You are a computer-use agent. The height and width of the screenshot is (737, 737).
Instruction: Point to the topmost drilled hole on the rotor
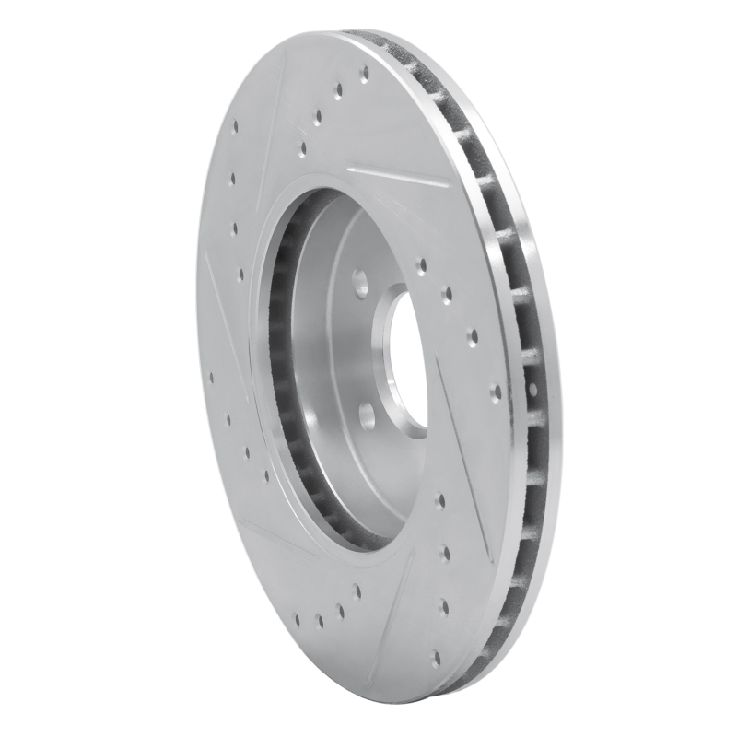pyautogui.click(x=364, y=71)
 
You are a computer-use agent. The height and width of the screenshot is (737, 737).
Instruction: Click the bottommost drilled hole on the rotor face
pyautogui.click(x=435, y=658)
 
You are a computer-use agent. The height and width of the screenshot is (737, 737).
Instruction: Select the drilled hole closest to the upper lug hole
pyautogui.click(x=421, y=267)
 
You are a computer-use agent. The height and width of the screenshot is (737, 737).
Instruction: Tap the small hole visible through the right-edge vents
pyautogui.click(x=533, y=391)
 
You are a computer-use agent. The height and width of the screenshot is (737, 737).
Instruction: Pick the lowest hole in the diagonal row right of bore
pyautogui.click(x=497, y=391)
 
